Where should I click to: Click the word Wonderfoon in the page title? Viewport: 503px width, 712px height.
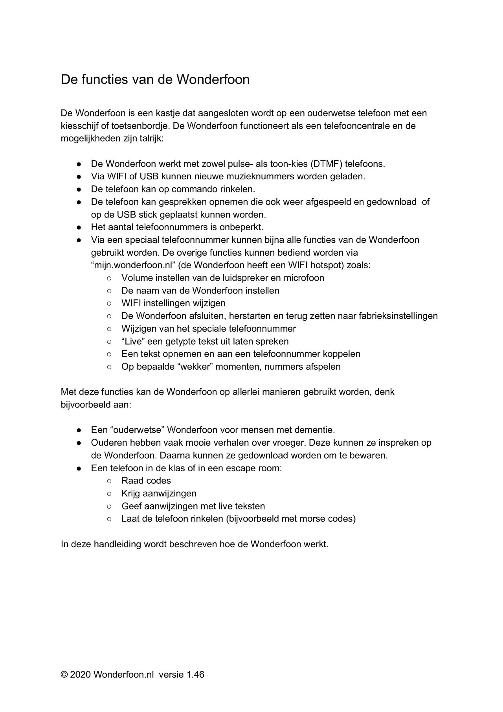[x=213, y=80]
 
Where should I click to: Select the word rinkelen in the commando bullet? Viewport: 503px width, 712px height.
[x=238, y=189]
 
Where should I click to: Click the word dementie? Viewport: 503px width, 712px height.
[x=316, y=430]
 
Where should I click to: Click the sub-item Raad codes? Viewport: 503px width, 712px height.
[x=146, y=481]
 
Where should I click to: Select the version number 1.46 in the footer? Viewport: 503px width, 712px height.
[x=195, y=675]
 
